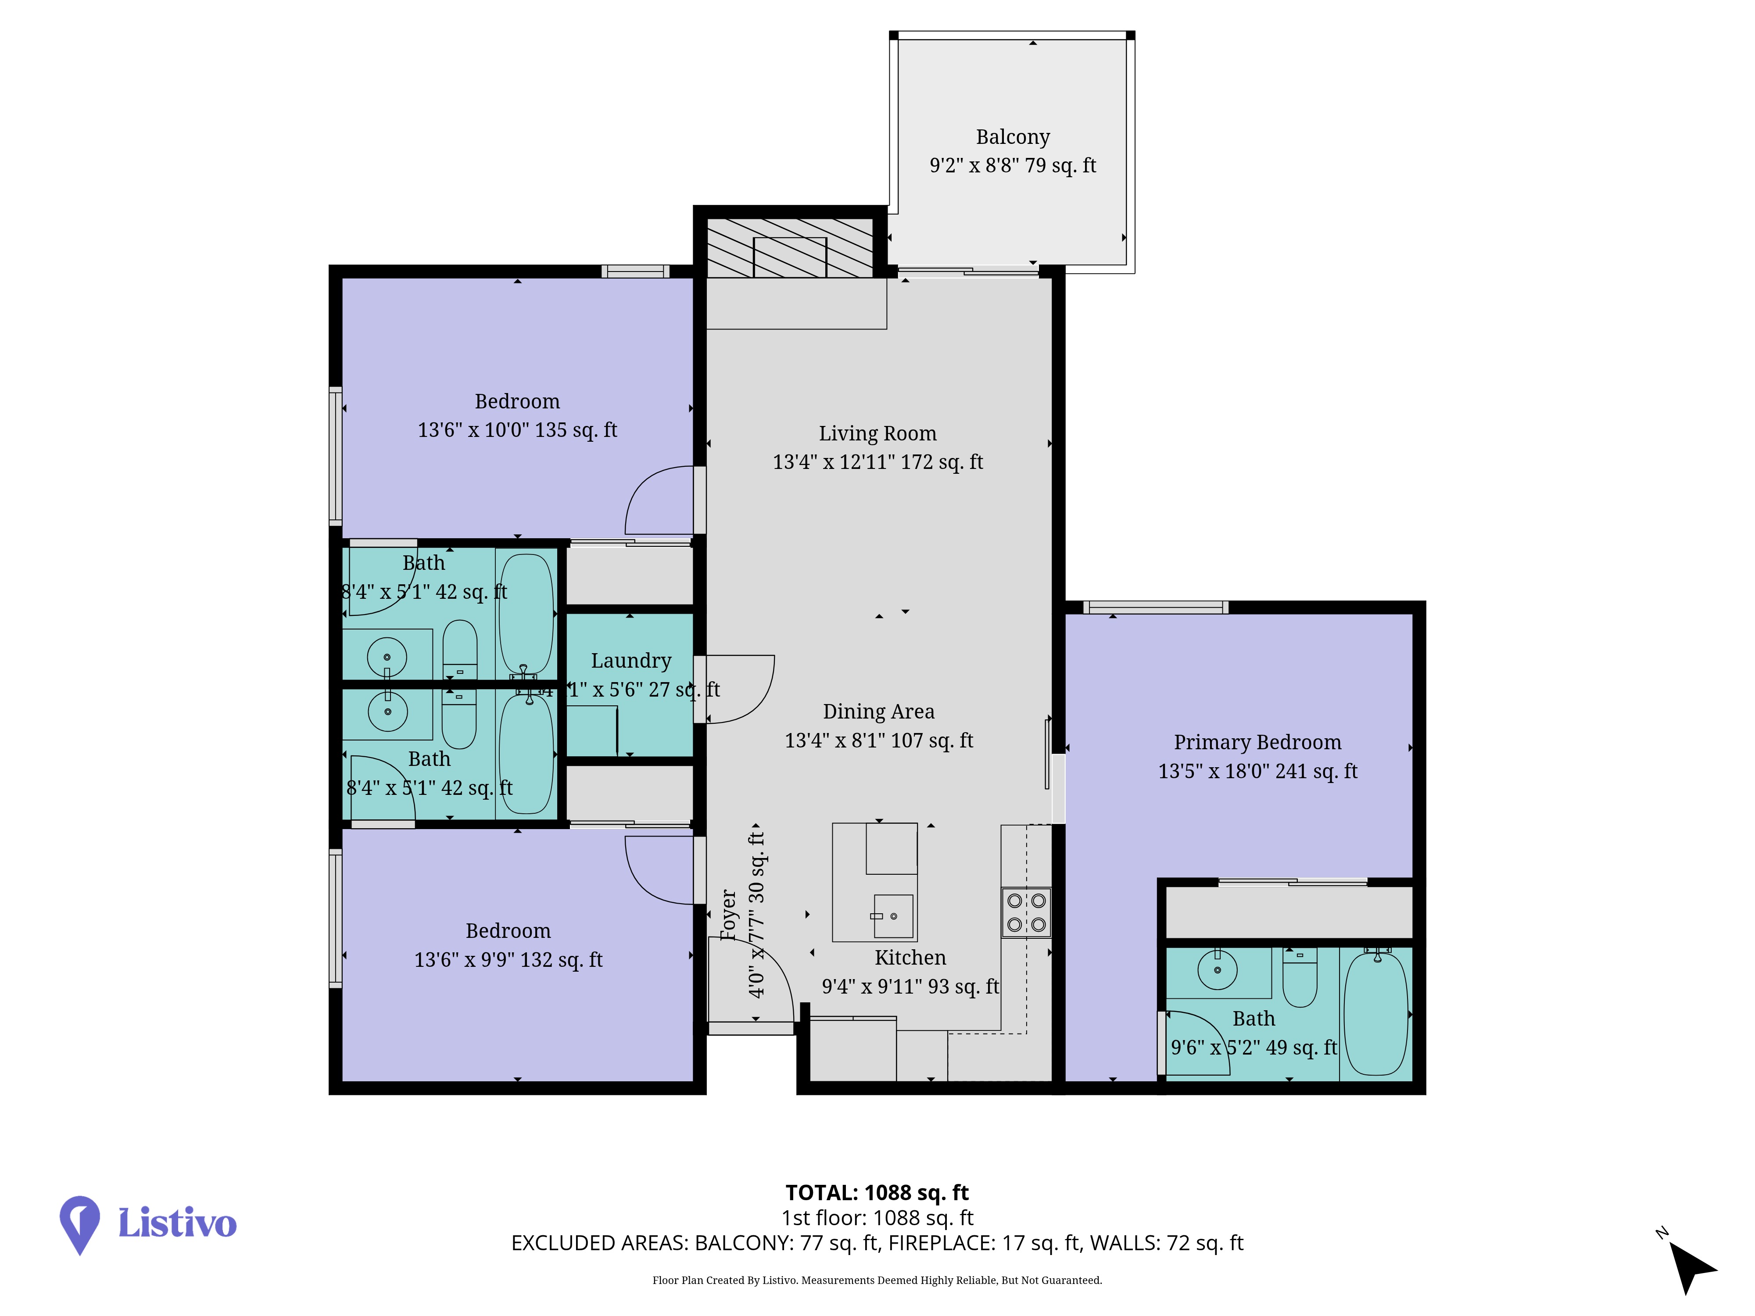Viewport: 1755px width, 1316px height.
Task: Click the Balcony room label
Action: point(1012,137)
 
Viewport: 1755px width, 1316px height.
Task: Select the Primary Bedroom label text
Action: point(1257,743)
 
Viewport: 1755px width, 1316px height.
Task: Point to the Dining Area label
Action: point(878,712)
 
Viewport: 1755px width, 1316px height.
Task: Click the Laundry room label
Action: point(631,661)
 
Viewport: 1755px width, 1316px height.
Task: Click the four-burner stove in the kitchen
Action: point(1026,912)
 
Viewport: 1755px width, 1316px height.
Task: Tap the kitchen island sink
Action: point(892,916)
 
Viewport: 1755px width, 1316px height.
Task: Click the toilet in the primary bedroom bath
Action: point(1300,977)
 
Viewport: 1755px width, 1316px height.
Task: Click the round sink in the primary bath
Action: point(1217,969)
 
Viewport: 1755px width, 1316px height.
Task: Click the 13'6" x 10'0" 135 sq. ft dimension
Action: point(517,430)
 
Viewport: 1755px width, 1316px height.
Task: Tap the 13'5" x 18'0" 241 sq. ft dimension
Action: point(1257,771)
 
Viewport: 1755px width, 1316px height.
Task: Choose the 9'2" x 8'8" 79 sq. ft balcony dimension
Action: point(1012,166)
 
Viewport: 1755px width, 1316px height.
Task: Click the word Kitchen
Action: point(910,958)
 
